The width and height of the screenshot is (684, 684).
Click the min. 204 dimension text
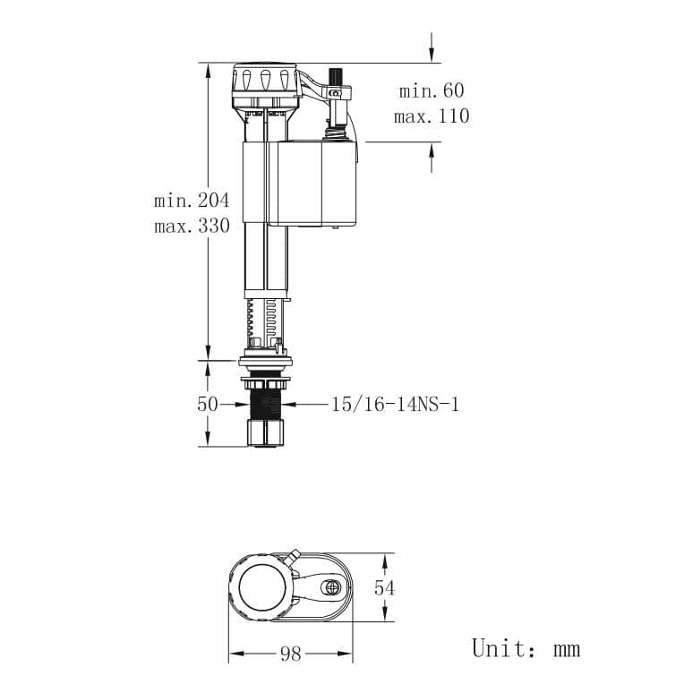191,200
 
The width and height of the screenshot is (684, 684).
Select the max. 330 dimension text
191,226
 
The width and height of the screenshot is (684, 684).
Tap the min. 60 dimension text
431,90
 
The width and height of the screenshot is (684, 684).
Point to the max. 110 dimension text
431,116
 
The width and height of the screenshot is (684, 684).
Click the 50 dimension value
208,404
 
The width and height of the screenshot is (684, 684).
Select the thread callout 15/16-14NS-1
394,404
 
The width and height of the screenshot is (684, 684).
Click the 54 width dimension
384,587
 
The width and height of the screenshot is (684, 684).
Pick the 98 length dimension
290,654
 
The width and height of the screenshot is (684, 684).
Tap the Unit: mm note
526,648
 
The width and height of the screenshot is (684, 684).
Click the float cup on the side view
313,184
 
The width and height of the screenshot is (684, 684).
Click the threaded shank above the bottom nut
265,403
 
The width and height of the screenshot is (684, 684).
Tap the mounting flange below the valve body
265,362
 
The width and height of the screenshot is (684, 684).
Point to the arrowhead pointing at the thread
295,404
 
